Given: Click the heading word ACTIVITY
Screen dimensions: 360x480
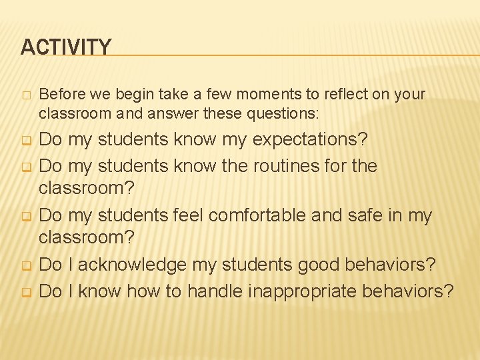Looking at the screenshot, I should point(66,47).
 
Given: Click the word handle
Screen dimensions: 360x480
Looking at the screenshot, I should point(214,291).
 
